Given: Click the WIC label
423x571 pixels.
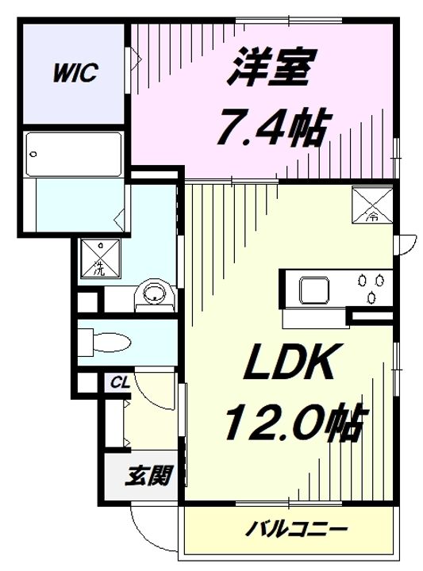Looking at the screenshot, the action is pyautogui.click(x=75, y=73).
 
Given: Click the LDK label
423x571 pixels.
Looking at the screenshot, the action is pyautogui.click(x=290, y=362).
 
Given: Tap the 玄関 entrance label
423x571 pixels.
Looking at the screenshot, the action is pyautogui.click(x=148, y=476).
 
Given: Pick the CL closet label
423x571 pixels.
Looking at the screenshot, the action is pyautogui.click(x=120, y=383).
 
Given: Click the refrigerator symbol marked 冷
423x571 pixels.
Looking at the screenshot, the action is pyautogui.click(x=371, y=205).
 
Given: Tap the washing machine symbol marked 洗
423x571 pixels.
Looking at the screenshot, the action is pyautogui.click(x=100, y=258).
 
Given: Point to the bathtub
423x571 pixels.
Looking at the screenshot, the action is pyautogui.click(x=74, y=155).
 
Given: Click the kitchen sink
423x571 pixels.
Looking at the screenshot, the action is pyautogui.click(x=314, y=290).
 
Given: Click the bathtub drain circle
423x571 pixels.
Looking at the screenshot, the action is pyautogui.click(x=33, y=154).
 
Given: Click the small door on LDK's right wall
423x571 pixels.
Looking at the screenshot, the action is pyautogui.click(x=406, y=245).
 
